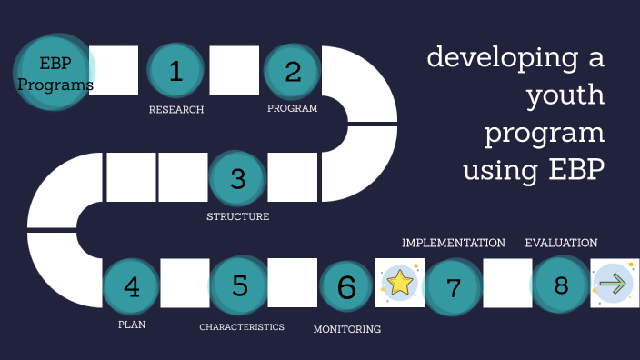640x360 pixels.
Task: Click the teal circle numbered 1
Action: click(x=176, y=71)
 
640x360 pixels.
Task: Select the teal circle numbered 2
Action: click(x=293, y=71)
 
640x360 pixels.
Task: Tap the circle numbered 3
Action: click(x=238, y=178)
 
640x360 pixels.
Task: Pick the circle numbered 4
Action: click(x=132, y=286)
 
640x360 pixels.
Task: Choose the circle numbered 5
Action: click(x=239, y=285)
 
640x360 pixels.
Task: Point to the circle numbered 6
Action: click(x=346, y=286)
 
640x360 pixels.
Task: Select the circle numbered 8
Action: click(x=561, y=285)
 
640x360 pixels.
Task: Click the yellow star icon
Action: click(x=400, y=283)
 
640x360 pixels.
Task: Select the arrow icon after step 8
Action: click(x=615, y=284)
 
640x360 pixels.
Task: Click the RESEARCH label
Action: click(x=176, y=110)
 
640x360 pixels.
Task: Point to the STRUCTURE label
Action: click(x=238, y=217)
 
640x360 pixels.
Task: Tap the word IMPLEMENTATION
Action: click(x=454, y=244)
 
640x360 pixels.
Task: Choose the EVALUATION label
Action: click(x=561, y=244)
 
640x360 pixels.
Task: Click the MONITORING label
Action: click(x=346, y=329)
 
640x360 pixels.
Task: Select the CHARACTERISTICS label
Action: click(x=242, y=327)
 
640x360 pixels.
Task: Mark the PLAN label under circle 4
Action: click(x=132, y=325)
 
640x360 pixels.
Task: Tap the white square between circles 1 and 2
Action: click(x=235, y=71)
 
